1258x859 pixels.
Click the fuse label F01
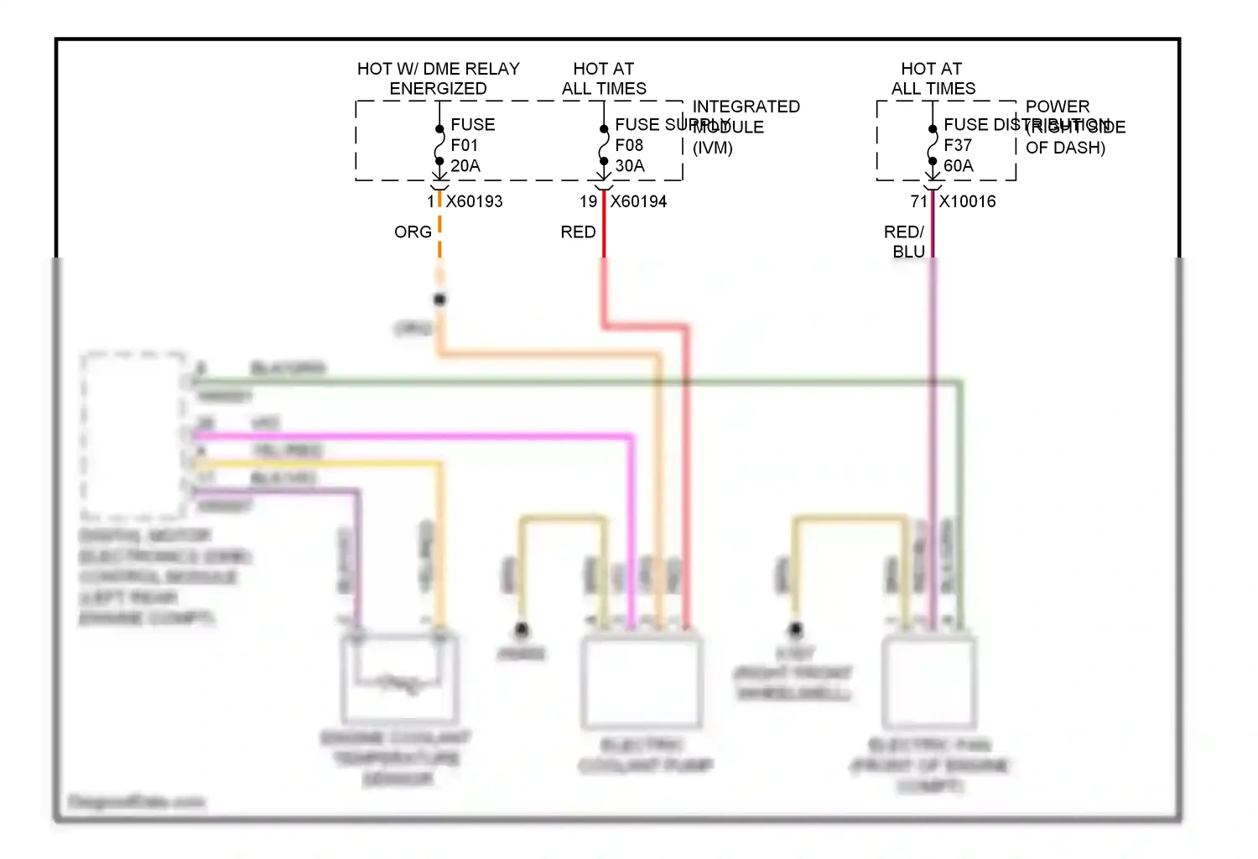[x=464, y=145]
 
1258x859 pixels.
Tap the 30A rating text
[x=630, y=166]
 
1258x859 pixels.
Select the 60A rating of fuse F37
[x=959, y=166]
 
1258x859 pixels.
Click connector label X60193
[x=474, y=201]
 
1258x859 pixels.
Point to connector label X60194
[x=638, y=201]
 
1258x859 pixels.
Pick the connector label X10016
[x=967, y=201]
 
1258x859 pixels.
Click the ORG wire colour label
[x=413, y=232]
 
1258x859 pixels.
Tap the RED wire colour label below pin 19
[x=578, y=232]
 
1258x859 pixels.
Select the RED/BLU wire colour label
[x=905, y=242]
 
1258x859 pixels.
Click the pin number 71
[x=918, y=201]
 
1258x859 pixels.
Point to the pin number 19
[x=588, y=201]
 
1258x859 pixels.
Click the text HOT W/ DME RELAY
[x=438, y=69]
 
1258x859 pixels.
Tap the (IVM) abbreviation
[x=712, y=148]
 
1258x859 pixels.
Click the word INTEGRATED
[x=746, y=107]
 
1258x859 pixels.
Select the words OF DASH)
[x=1065, y=148]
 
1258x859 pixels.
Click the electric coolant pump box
[x=642, y=681]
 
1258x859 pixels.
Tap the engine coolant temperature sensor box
[x=399, y=679]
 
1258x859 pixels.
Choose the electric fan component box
[x=928, y=681]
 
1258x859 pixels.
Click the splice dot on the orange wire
[x=439, y=299]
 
